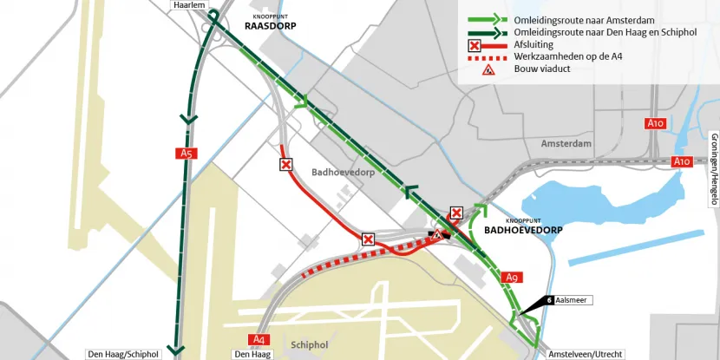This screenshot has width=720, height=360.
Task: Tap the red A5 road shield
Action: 185,154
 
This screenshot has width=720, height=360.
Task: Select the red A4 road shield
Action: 258,338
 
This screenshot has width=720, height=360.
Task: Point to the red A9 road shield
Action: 512,278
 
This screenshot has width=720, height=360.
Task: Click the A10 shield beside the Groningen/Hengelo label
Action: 681,161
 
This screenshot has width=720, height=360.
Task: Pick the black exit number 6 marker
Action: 550,300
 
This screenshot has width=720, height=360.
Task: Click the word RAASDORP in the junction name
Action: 270,27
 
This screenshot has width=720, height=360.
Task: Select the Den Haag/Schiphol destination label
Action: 122,354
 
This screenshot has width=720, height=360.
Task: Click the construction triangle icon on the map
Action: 440,232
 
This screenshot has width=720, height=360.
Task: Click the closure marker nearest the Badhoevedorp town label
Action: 285,164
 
